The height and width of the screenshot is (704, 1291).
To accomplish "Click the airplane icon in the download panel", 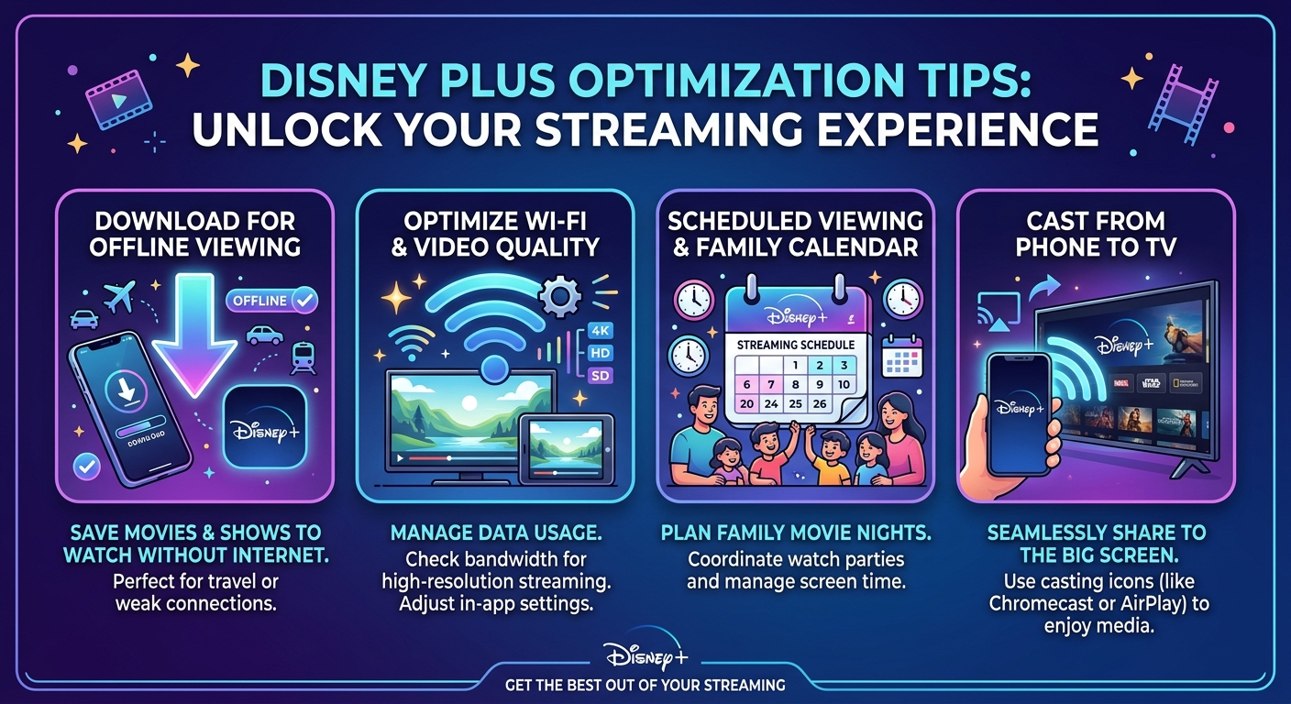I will (121, 295).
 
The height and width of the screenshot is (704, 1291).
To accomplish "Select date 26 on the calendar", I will (819, 403).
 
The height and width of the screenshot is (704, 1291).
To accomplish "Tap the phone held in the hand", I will (1018, 412).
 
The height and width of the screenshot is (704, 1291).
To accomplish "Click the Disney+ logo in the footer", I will (645, 656).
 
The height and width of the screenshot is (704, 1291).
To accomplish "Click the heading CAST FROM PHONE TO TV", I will (1096, 235).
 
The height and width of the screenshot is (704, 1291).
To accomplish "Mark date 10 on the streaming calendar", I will (844, 384).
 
